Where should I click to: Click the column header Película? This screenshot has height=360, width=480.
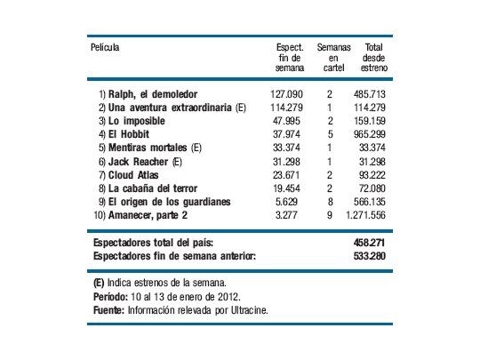pyautogui.click(x=105, y=46)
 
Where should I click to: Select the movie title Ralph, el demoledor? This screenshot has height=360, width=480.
pyautogui.click(x=152, y=92)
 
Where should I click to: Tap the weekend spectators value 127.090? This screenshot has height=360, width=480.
pyautogui.click(x=286, y=92)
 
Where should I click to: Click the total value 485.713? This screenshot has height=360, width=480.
pyautogui.click(x=371, y=92)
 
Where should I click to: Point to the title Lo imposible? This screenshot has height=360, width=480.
pyautogui.click(x=134, y=120)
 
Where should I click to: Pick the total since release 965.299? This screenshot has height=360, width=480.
pyautogui.click(x=371, y=134)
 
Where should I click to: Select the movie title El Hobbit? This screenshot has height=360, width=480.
pyautogui.click(x=130, y=134)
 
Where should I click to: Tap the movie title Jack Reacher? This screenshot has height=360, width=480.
pyautogui.click(x=138, y=162)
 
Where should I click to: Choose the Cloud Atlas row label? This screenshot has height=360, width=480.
pyautogui.click(x=135, y=175)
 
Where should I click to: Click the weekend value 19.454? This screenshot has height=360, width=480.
pyautogui.click(x=288, y=189)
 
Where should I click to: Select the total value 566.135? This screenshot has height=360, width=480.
pyautogui.click(x=371, y=203)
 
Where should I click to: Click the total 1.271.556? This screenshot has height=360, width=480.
pyautogui.click(x=365, y=216)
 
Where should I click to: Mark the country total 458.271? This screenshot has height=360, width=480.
pyautogui.click(x=372, y=242)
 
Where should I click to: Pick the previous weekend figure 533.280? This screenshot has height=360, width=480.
pyautogui.click(x=372, y=256)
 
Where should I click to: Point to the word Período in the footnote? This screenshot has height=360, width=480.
pyautogui.click(x=112, y=296)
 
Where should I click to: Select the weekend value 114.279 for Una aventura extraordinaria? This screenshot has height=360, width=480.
pyautogui.click(x=286, y=107)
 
